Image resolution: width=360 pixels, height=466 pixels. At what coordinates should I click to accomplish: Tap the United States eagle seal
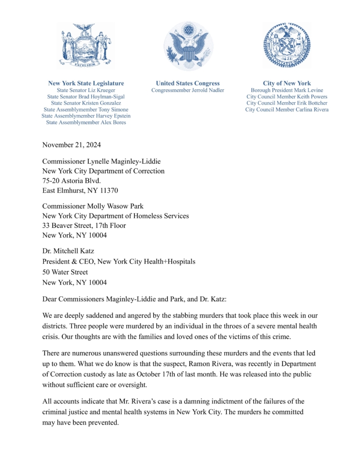click(x=188, y=46)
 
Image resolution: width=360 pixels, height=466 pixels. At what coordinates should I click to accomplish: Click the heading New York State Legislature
click(x=86, y=83)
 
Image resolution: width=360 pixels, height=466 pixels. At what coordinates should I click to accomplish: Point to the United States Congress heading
click(x=188, y=83)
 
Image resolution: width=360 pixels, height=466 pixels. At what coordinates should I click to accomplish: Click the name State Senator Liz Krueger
click(x=86, y=90)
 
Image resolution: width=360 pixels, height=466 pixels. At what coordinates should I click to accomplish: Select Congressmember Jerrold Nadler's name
click(x=188, y=90)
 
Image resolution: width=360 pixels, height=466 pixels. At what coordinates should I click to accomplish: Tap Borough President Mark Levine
click(x=287, y=90)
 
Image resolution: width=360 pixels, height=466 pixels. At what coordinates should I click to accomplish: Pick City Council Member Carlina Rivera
click(x=287, y=109)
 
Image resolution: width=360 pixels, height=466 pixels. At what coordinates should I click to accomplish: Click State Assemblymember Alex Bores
click(x=86, y=122)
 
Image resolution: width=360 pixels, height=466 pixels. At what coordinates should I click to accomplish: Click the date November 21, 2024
click(x=71, y=145)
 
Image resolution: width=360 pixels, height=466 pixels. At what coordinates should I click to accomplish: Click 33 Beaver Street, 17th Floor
click(x=84, y=225)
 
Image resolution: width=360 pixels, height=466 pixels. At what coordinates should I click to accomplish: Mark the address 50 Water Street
click(x=65, y=272)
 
